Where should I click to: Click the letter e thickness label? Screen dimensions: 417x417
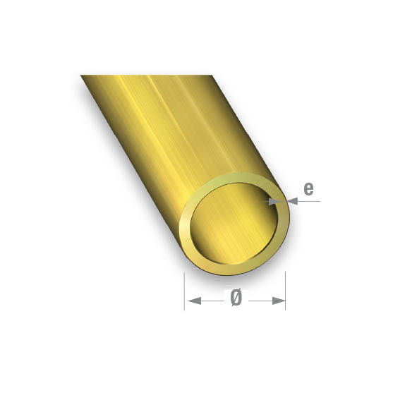(x=308, y=188)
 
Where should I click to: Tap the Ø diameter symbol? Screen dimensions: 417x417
(x=236, y=298)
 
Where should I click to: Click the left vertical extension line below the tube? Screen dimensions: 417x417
(x=185, y=289)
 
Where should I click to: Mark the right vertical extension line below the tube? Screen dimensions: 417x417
(x=285, y=289)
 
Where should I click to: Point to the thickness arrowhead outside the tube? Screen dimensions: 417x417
(x=294, y=201)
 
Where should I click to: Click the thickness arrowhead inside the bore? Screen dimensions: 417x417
(x=272, y=201)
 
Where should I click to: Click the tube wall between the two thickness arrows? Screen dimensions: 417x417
(x=283, y=201)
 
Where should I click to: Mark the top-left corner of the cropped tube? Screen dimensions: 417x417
(x=82, y=76)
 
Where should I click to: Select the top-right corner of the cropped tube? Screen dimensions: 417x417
(x=212, y=76)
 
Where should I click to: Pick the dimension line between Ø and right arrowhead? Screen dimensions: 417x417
(x=259, y=301)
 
